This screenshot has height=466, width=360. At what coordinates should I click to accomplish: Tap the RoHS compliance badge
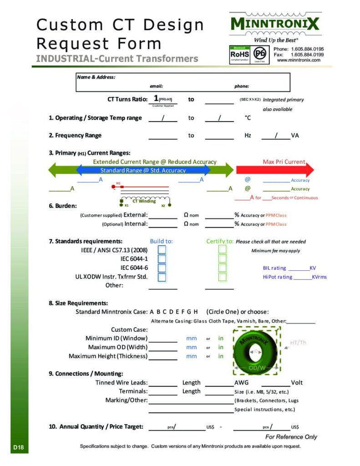tap(239, 54)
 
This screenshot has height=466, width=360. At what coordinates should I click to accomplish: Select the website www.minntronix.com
tap(299, 60)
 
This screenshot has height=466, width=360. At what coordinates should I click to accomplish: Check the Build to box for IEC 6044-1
tap(162, 258)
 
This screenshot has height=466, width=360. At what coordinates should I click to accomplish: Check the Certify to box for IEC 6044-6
tap(222, 268)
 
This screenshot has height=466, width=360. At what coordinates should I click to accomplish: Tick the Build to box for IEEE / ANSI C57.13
tap(162, 249)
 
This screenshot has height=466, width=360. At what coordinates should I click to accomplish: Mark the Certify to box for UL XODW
tap(222, 277)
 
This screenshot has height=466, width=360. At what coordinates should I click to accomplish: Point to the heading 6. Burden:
tap(63, 206)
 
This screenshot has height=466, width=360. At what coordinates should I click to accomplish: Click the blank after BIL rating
tap(299, 268)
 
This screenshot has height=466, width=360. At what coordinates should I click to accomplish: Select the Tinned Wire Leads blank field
tap(162, 383)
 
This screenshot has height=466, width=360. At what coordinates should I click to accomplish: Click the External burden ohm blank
tap(162, 215)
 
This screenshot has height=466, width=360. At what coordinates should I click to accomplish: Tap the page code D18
tap(18, 448)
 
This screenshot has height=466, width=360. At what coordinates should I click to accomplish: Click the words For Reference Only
tap(291, 437)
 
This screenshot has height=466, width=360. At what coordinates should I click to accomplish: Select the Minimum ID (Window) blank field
tap(162, 339)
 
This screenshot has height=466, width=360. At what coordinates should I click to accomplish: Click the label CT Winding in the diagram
tap(144, 201)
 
